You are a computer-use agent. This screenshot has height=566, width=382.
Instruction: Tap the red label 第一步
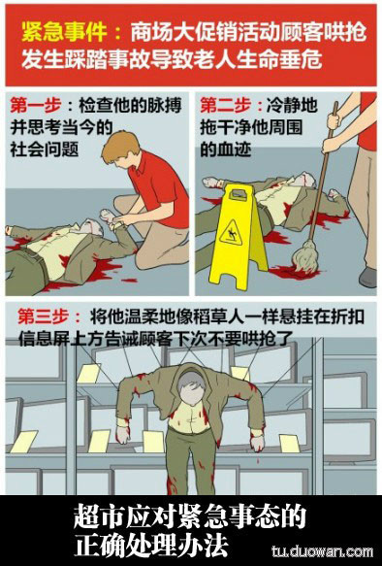(35, 106)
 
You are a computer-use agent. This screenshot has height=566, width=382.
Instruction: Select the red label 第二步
(226, 106)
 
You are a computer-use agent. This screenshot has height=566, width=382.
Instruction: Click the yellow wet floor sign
(238, 236)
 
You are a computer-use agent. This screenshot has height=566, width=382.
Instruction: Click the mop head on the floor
(304, 254)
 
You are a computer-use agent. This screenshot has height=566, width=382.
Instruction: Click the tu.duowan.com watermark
(322, 551)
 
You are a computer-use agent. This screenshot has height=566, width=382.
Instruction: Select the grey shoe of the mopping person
(368, 278)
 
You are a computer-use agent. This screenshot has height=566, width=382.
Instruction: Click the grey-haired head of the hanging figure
(192, 387)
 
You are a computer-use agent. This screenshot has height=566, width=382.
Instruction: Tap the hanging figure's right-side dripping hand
(257, 442)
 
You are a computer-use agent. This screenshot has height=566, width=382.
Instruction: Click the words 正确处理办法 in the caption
(151, 544)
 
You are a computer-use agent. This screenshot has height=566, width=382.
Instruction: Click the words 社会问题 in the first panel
(44, 150)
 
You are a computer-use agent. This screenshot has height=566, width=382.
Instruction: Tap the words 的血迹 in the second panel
(226, 150)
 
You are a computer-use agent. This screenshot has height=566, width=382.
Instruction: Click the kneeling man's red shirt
(161, 187)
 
